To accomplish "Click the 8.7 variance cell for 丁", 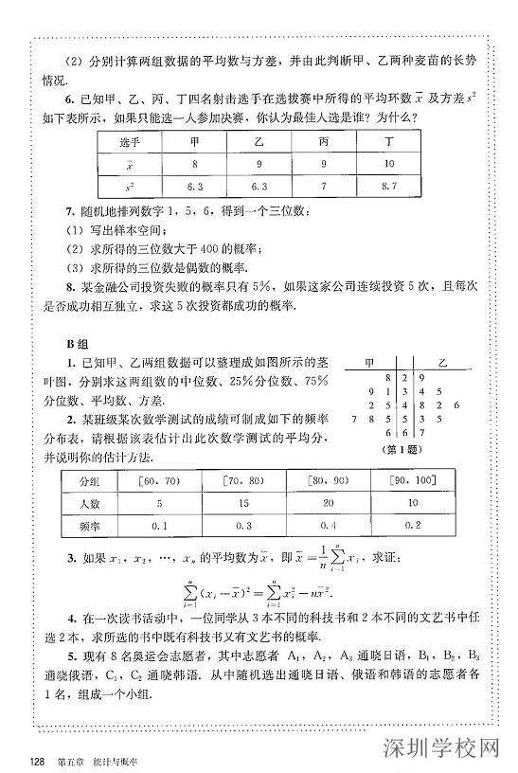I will pos(388,187).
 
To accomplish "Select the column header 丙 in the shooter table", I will pos(325,140).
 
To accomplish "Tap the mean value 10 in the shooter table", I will pos(388,163).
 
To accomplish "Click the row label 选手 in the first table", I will pos(130,140).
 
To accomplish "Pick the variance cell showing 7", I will pos(325,187).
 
